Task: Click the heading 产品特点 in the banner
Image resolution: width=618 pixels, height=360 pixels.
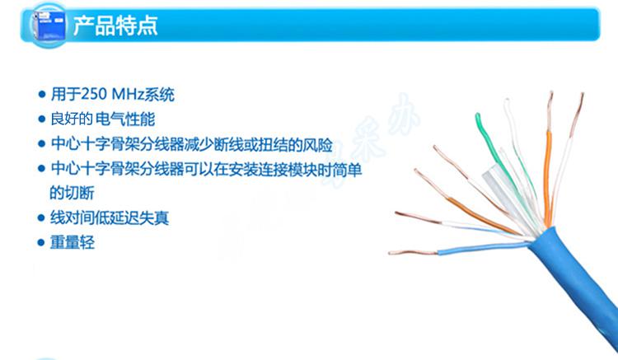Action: (115, 26)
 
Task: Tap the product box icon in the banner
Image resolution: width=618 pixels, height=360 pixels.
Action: (49, 24)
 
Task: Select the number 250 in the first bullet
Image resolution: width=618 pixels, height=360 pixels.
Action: (94, 94)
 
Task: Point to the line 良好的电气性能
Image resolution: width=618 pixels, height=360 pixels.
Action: (103, 119)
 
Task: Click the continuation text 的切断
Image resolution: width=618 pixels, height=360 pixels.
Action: (73, 193)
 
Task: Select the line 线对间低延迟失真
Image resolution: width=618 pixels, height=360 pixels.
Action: (110, 217)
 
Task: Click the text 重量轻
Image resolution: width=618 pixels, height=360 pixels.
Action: (73, 242)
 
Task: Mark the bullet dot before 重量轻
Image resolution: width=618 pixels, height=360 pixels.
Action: (41, 242)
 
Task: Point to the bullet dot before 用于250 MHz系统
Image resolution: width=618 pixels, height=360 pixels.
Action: (42, 95)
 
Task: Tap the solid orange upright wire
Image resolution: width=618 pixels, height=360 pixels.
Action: (547, 177)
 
